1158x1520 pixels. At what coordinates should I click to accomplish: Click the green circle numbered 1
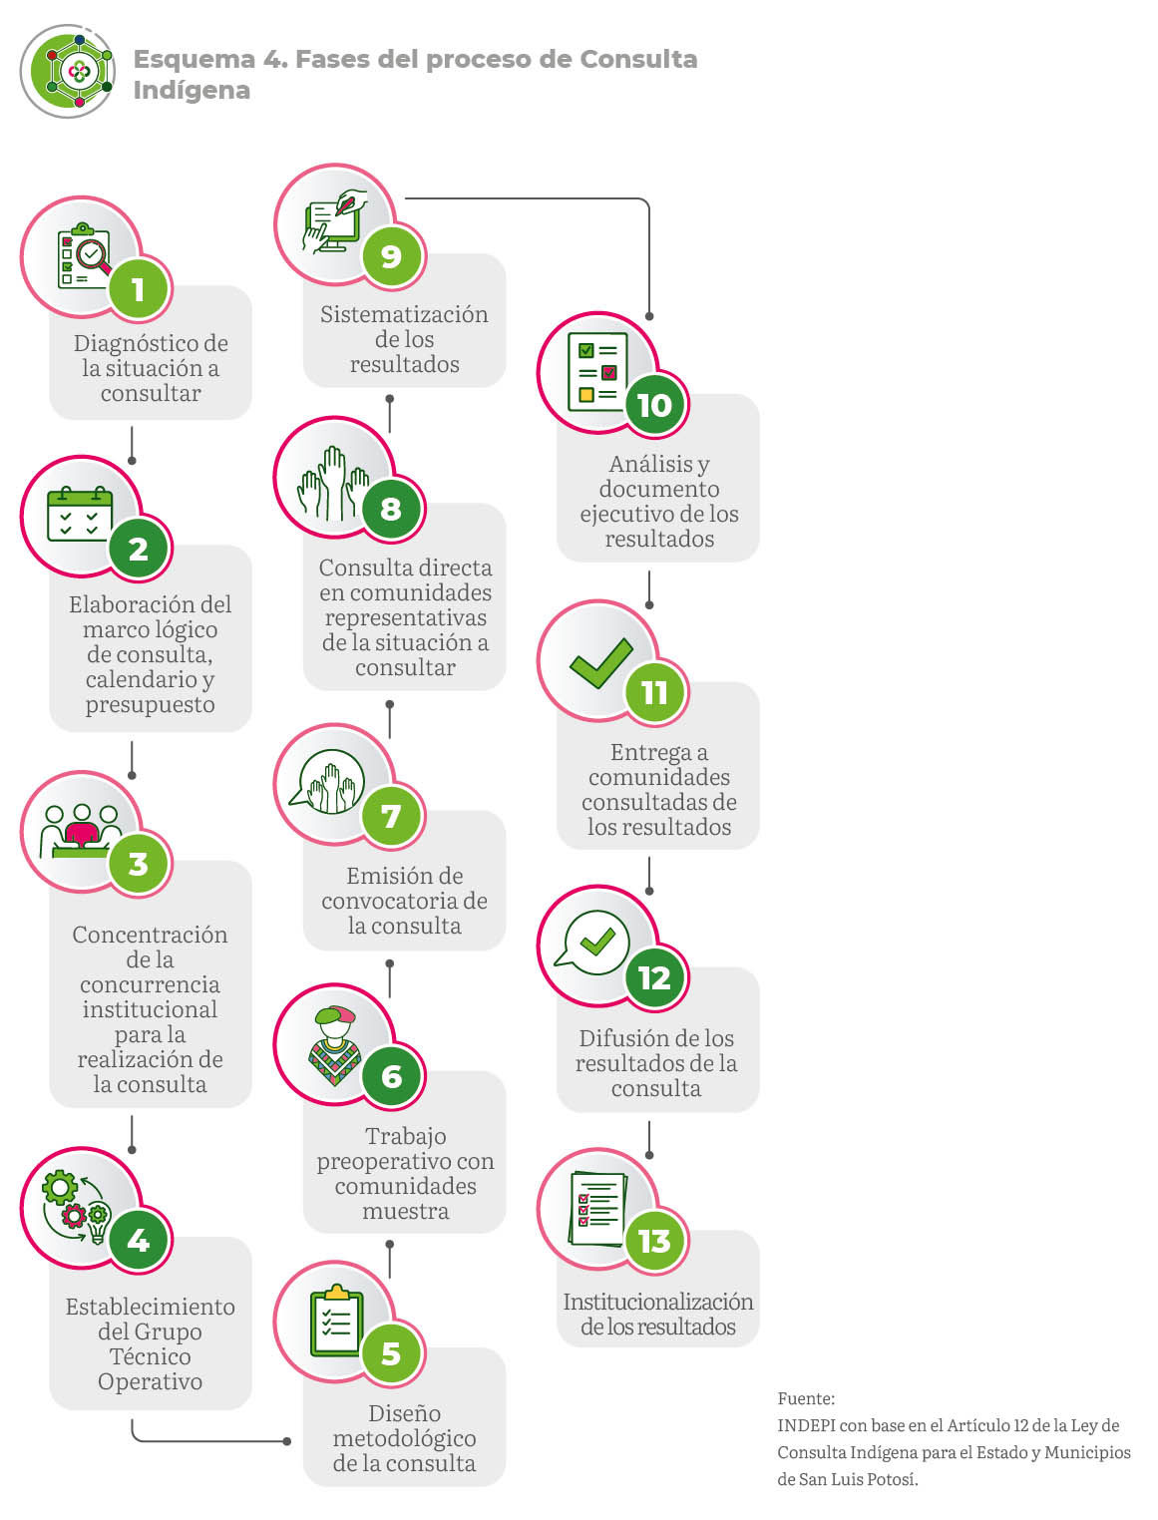click(139, 289)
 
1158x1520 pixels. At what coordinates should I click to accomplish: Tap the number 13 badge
click(653, 1241)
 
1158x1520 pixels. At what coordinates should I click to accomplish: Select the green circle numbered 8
click(391, 509)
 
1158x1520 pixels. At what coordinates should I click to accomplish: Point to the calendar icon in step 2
click(80, 514)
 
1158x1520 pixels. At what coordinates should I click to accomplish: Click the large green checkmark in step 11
click(600, 662)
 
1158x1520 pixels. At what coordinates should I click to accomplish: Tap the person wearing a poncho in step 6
click(334, 1045)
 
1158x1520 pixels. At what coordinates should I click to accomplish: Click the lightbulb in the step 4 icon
click(98, 1225)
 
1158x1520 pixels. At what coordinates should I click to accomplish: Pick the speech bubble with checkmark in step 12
click(592, 944)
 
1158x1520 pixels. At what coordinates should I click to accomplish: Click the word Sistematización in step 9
click(405, 314)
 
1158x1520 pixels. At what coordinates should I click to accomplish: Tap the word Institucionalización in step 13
click(658, 1302)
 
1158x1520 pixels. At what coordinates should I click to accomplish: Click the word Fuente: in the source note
click(806, 1398)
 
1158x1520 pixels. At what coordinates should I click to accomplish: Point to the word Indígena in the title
click(192, 90)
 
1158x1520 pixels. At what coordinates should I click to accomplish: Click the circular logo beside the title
click(67, 72)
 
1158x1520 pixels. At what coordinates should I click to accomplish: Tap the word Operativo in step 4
click(151, 1381)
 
